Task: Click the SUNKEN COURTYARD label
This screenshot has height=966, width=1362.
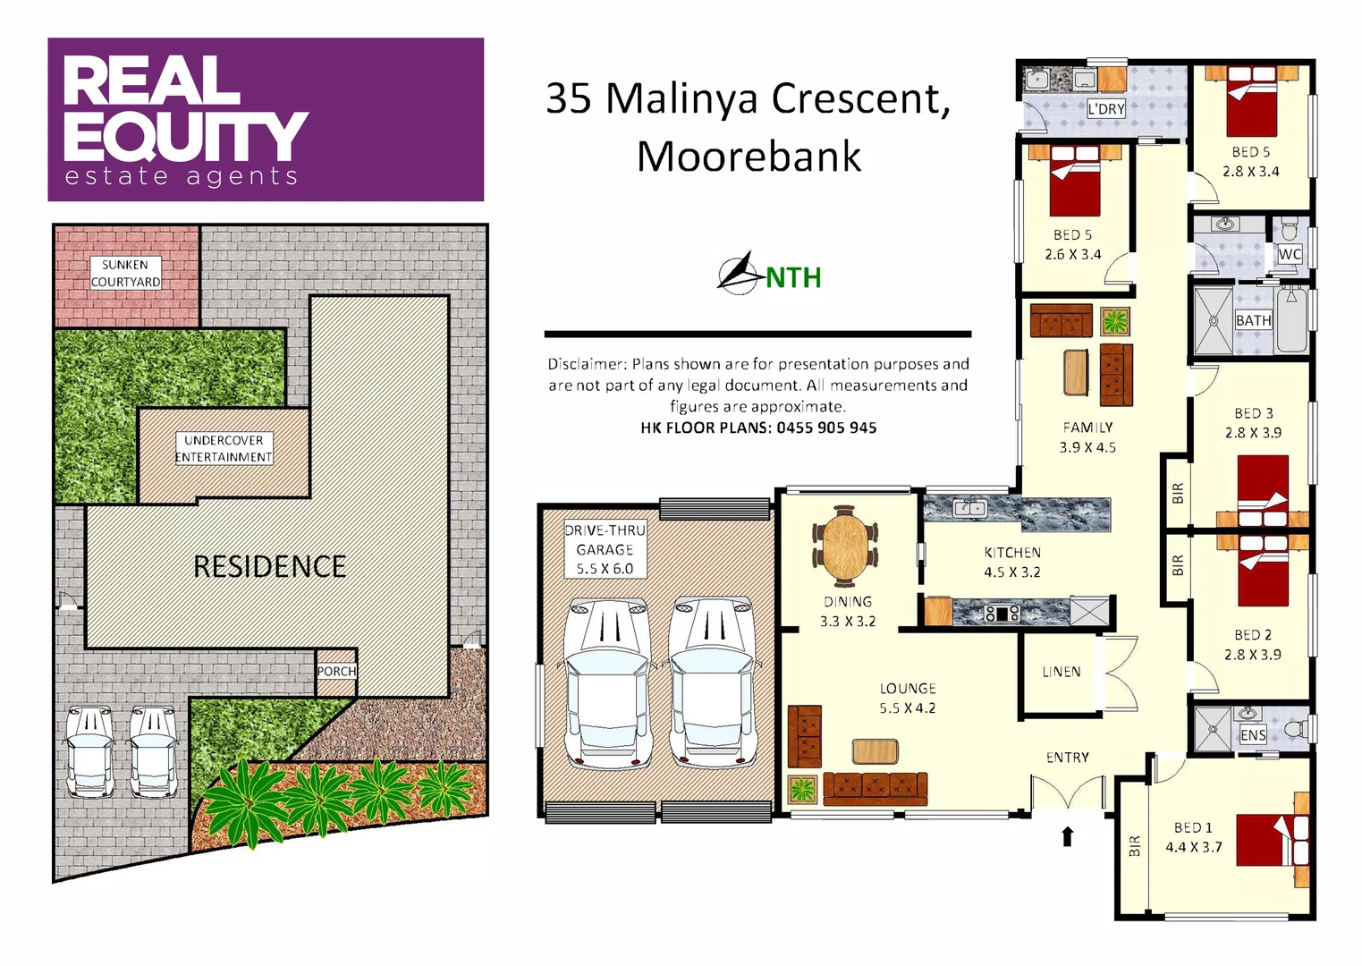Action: click(x=125, y=273)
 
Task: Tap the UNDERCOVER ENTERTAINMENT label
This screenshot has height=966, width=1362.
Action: click(x=224, y=448)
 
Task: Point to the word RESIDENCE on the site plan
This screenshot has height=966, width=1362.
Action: click(x=269, y=566)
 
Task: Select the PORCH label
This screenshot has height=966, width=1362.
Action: click(x=336, y=671)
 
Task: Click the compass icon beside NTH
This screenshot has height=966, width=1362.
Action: click(x=739, y=274)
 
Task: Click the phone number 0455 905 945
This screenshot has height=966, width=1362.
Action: click(x=826, y=428)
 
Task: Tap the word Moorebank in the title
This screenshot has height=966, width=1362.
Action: click(x=749, y=157)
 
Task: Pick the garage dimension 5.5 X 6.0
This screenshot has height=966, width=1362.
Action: click(x=605, y=569)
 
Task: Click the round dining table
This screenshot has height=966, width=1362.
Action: click(x=846, y=545)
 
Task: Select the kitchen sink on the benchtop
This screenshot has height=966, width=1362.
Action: click(x=969, y=509)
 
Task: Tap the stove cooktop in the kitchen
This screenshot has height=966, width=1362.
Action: click(x=1002, y=614)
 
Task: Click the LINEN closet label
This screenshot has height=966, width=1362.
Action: click(x=1061, y=672)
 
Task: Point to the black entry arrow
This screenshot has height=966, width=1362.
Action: click(x=1067, y=836)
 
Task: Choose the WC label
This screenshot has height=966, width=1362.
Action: click(x=1289, y=254)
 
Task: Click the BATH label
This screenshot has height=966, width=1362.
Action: click(x=1253, y=320)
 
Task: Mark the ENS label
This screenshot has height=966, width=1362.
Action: click(x=1253, y=735)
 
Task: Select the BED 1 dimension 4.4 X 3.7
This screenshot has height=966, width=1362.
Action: click(x=1193, y=847)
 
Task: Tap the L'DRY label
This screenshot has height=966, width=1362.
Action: click(x=1106, y=109)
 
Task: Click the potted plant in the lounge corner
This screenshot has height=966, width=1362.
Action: click(x=802, y=789)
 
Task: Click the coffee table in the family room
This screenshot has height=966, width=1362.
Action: click(x=1076, y=372)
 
